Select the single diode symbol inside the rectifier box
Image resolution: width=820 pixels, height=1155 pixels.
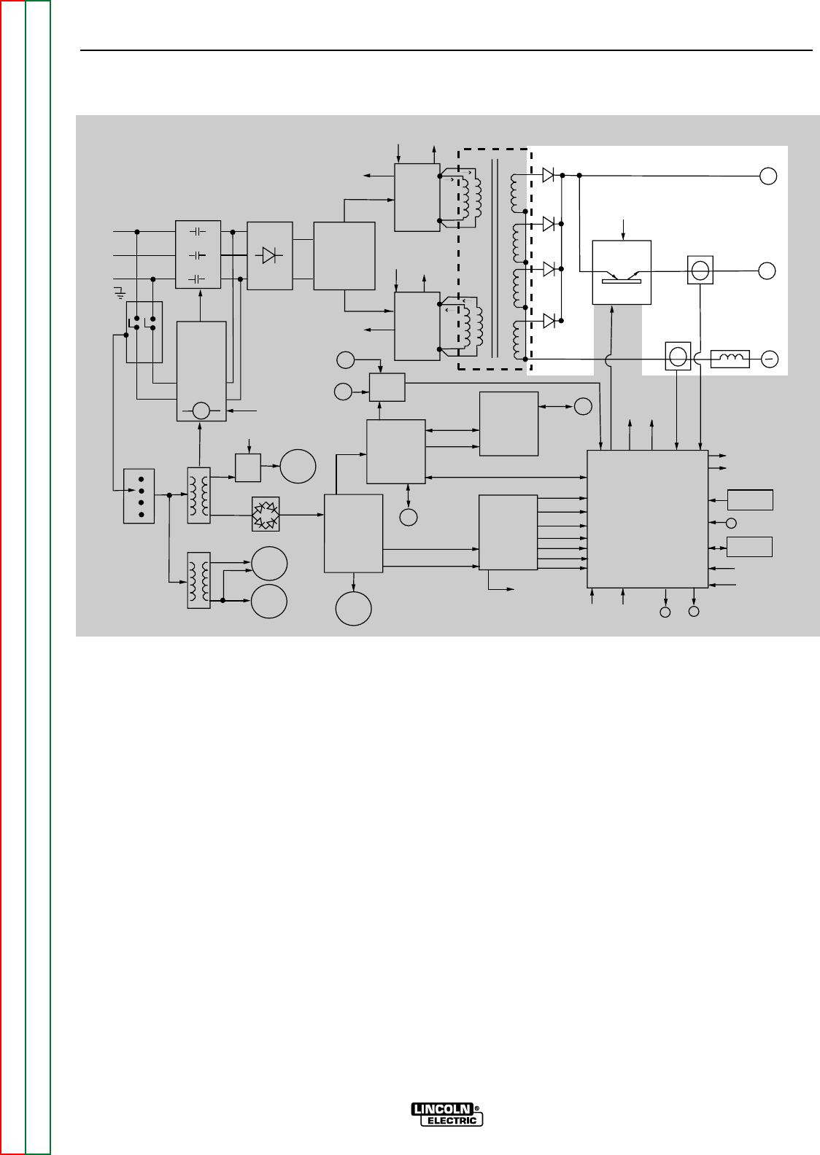coord(269,255)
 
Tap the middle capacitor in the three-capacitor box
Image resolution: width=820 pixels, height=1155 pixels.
coord(198,255)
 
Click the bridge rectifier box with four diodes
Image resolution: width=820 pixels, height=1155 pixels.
coord(266,514)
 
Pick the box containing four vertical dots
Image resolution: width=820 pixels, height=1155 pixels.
coord(139,496)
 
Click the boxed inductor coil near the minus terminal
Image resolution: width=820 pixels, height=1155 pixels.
coord(730,359)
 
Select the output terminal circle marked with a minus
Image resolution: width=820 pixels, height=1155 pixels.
coord(769,359)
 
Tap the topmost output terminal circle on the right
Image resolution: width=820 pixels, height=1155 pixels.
coord(767,176)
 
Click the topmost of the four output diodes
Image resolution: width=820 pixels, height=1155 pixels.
coord(550,175)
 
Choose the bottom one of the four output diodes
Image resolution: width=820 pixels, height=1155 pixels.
coord(550,320)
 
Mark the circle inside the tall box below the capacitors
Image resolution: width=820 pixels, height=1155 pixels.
coord(201,411)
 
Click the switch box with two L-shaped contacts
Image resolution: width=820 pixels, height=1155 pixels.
coord(144,331)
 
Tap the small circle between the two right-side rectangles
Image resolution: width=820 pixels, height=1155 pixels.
coord(732,523)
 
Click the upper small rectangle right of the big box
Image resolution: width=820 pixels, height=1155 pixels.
coord(750,500)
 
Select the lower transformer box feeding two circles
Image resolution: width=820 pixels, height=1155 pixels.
coord(198,580)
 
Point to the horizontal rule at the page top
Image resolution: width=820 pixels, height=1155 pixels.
coord(446,51)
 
